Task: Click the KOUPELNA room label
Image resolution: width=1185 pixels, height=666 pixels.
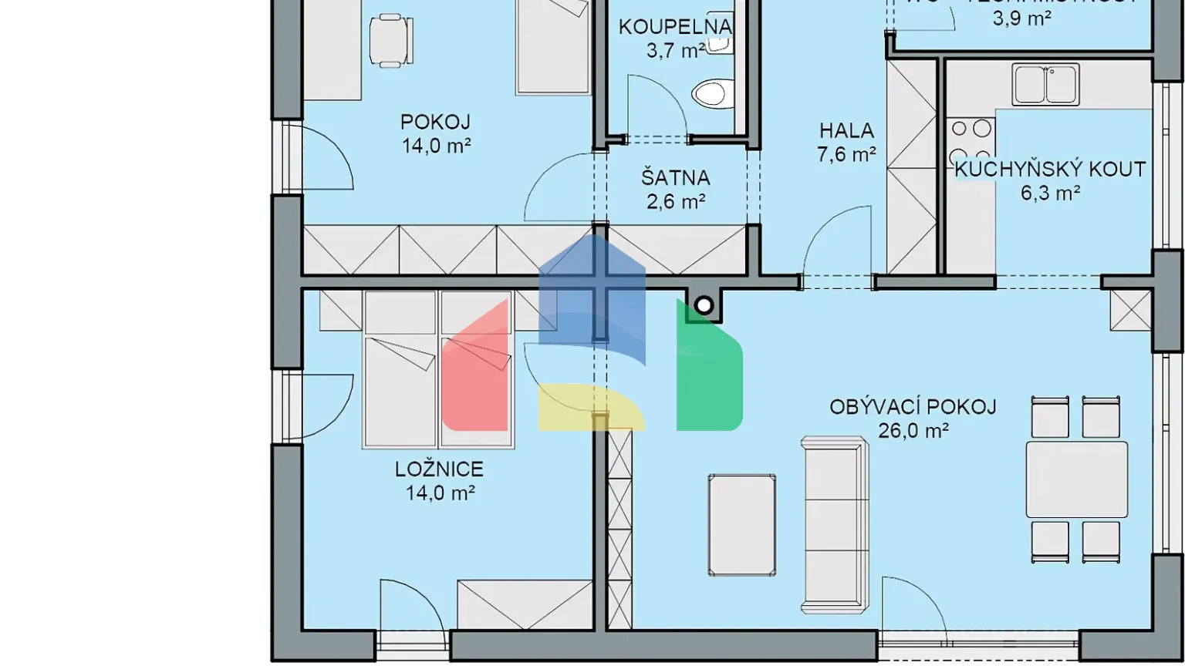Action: [x=674, y=27]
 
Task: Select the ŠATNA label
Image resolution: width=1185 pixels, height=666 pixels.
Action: [x=675, y=177]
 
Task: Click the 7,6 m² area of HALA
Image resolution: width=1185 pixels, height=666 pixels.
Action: [x=846, y=154]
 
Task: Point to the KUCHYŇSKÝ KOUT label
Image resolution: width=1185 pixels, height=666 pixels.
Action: [x=1050, y=169]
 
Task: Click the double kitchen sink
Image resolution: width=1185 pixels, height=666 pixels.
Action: [x=1045, y=84]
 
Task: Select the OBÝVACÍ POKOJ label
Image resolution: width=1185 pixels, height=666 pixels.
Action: [x=913, y=406]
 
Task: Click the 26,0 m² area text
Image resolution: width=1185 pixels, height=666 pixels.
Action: [x=913, y=430]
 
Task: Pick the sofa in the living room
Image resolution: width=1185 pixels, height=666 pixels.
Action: [x=835, y=524]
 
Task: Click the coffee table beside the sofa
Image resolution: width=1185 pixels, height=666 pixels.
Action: [x=741, y=524]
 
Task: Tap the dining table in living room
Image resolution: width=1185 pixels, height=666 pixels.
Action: [x=1076, y=479]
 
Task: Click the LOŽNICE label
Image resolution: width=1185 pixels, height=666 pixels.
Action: [x=439, y=469]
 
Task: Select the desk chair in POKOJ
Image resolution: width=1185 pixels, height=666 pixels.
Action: [x=390, y=41]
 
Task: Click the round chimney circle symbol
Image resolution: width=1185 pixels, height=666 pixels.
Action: [x=703, y=305]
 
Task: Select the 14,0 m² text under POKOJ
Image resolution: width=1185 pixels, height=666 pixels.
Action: [x=436, y=146]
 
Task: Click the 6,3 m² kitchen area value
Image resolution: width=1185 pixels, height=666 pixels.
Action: [x=1050, y=193]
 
